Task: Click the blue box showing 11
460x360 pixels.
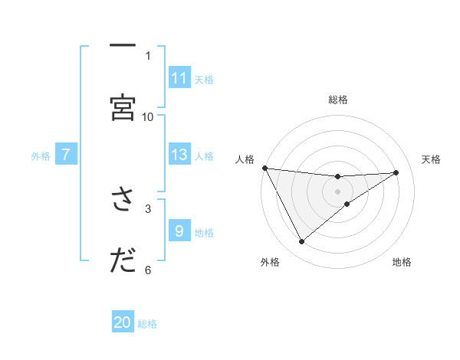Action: click(x=179, y=77)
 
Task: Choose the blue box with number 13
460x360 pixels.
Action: click(x=179, y=155)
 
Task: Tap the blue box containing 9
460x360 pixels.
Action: click(x=179, y=231)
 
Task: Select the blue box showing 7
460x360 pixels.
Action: click(x=66, y=155)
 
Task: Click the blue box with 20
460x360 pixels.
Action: click(x=123, y=322)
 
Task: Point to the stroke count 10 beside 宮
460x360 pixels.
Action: click(x=148, y=116)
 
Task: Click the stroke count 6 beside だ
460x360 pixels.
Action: click(x=148, y=269)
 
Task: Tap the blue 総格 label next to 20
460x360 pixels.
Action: click(x=148, y=324)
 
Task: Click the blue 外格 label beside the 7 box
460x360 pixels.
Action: click(x=41, y=156)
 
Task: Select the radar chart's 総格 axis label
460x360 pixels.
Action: click(x=338, y=100)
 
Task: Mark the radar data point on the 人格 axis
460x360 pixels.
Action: click(x=265, y=168)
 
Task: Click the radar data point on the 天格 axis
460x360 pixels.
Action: click(x=396, y=172)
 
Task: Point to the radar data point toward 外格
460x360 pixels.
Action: click(x=302, y=242)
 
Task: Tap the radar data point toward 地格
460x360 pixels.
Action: click(x=347, y=204)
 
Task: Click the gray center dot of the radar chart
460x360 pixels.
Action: click(x=338, y=191)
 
